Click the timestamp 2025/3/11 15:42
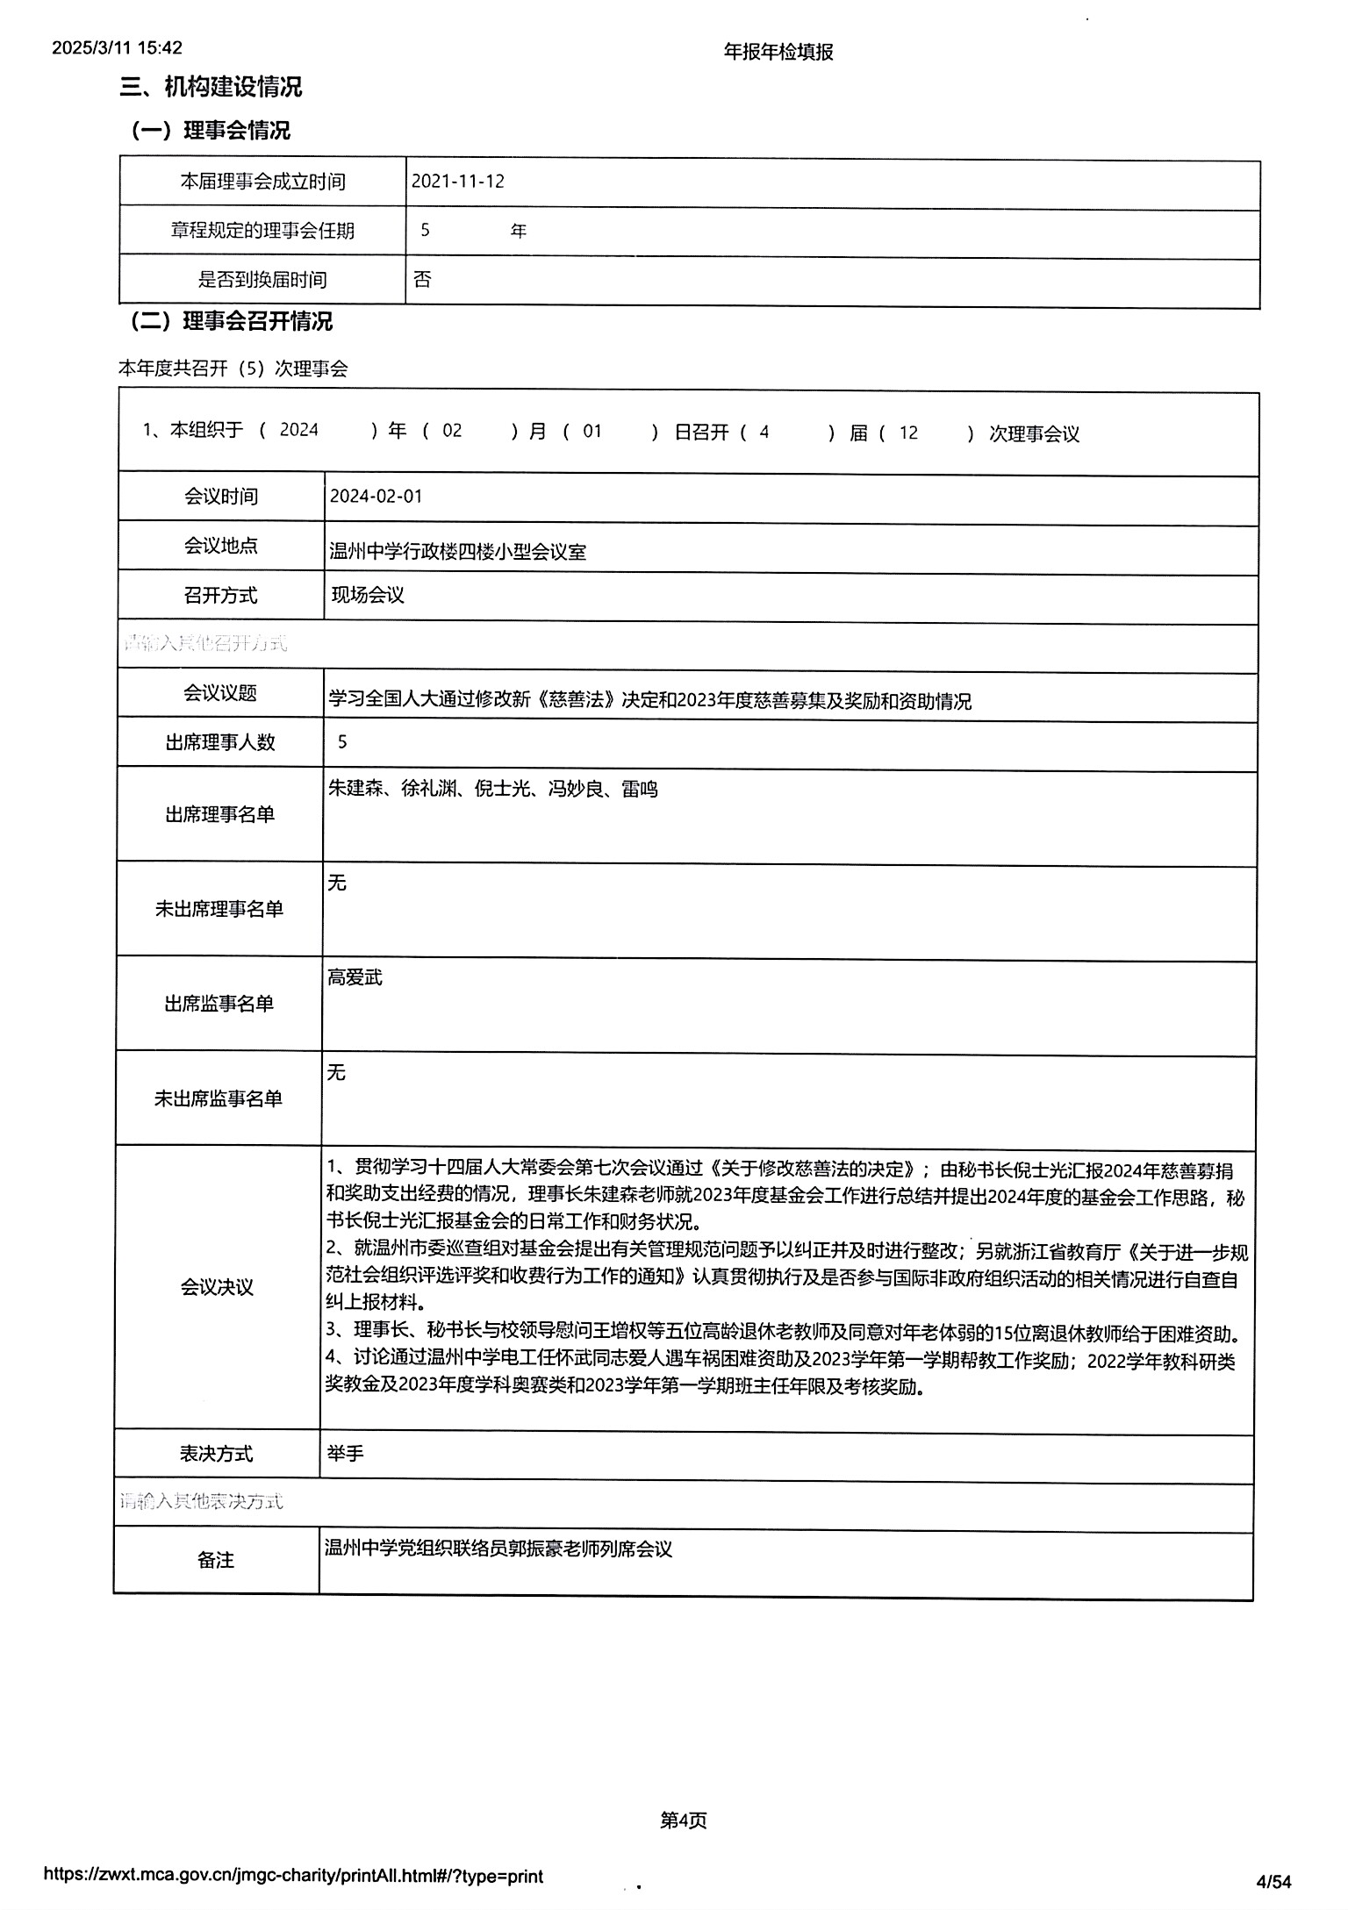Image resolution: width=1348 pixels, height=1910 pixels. [117, 47]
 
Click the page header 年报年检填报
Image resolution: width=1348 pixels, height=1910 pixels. [778, 52]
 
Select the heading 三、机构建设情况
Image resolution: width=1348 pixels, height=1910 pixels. [211, 87]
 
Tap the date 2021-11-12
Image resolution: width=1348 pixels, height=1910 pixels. [458, 182]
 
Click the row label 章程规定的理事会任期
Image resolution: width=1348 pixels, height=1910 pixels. [262, 231]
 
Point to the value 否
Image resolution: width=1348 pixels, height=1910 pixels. [422, 279]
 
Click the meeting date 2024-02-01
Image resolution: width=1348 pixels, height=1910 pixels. [376, 496]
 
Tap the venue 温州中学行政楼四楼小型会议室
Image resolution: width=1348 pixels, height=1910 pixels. [457, 552]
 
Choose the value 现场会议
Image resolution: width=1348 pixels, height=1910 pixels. [367, 595]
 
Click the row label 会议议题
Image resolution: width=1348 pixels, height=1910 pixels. [220, 693]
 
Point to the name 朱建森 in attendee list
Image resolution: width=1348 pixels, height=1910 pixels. [356, 789]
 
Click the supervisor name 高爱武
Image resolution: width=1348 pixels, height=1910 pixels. [355, 977]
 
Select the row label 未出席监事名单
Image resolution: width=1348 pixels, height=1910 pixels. [219, 1098]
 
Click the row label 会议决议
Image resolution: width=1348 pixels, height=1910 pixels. [217, 1287]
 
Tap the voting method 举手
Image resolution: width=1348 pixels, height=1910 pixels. [345, 1454]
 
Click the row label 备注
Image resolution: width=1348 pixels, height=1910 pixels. [216, 1559]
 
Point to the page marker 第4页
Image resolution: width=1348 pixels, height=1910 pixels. [683, 1821]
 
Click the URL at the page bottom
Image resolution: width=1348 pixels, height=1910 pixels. [293, 1876]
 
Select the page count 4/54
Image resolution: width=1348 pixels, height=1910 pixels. [1274, 1881]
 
